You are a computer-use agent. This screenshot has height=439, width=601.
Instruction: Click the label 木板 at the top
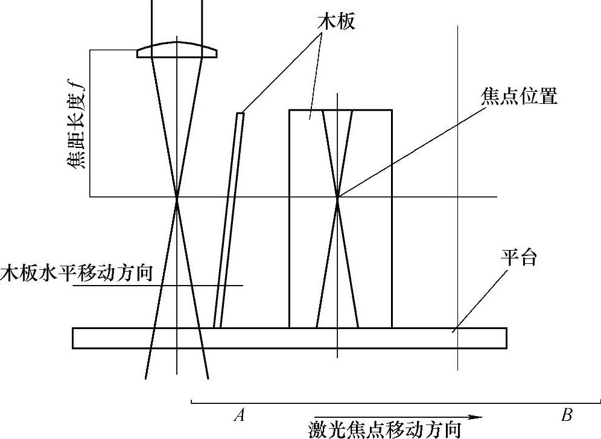[x=336, y=22]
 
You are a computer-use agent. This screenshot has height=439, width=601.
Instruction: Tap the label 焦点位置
[x=518, y=97]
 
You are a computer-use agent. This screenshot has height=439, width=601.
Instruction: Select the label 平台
[x=518, y=258]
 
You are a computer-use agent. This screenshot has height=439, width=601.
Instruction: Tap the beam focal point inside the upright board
[x=337, y=197]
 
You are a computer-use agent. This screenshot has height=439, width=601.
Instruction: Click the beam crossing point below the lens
[x=177, y=197]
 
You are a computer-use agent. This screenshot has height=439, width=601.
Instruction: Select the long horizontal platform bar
[x=289, y=338]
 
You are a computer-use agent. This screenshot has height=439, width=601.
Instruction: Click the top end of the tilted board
[x=241, y=113]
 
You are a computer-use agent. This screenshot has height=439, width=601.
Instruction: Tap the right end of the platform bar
[x=505, y=338]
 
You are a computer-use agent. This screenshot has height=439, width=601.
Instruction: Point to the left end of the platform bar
[x=74, y=338]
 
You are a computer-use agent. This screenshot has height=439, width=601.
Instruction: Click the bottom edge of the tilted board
[x=217, y=327]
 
